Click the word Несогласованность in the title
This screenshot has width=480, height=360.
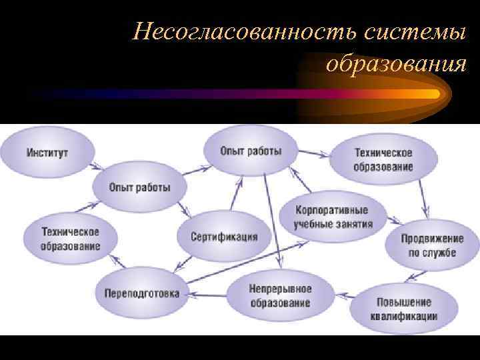[x=246, y=31]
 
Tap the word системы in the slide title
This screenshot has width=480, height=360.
[x=414, y=31]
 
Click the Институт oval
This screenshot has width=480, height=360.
[x=47, y=153]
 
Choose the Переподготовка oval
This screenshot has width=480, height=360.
[x=141, y=293]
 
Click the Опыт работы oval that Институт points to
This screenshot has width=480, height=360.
[x=140, y=187]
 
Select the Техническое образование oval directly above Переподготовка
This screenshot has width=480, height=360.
[x=71, y=239]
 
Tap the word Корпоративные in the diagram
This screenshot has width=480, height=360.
[x=332, y=210]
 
